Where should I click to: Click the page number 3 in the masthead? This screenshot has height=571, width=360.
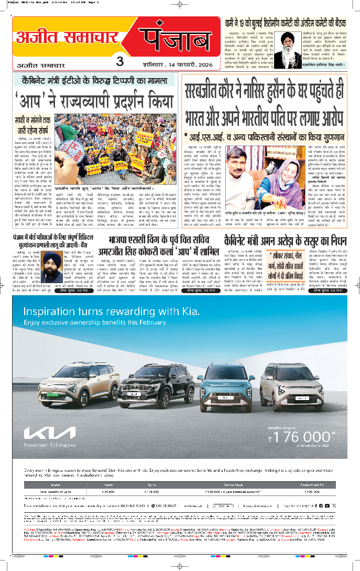point(120,61)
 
